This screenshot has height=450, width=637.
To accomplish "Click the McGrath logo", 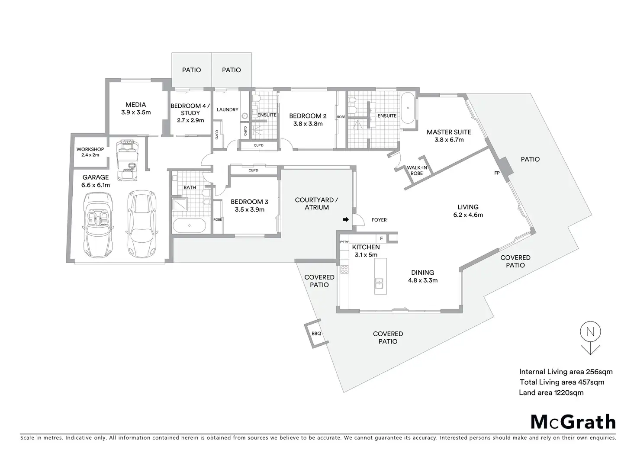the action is coord(573,421).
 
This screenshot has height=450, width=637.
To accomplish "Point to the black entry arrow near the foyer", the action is coord(345,220).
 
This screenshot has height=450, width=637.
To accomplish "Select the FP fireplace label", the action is coord(497,173).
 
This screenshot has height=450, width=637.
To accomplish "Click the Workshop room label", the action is coord(90,149).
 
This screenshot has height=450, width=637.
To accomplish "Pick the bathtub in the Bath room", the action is coord(189,226).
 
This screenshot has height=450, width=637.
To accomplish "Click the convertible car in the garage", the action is coord(98,224).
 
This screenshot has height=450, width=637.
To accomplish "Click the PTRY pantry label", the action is coord(344,242).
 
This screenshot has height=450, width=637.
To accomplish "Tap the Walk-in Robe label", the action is coord(416,170).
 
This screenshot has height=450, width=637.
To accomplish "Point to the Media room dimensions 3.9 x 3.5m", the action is coord(136,112).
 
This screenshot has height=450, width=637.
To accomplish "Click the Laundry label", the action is coord(228,109).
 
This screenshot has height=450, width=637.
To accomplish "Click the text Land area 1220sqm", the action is coord(551,393).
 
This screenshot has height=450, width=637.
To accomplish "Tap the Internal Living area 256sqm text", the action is coord(566,372).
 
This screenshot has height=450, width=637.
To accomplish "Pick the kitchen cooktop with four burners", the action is coord(345,270).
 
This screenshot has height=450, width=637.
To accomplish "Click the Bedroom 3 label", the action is coord(249,202).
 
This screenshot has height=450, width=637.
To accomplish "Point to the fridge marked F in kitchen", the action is coord(381,238).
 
